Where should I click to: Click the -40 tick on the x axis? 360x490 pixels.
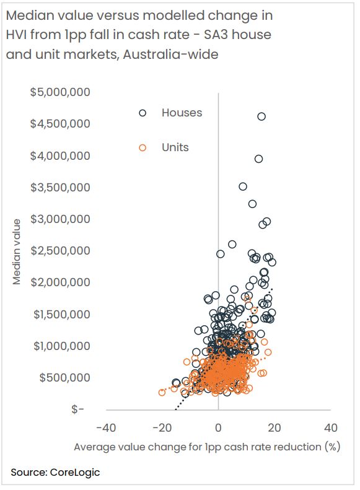click(106, 427)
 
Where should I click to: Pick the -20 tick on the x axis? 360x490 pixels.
click(162, 427)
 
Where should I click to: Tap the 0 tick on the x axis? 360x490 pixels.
click(218, 427)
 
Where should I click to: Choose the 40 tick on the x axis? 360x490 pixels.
click(330, 427)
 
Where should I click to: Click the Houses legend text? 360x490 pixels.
click(182, 113)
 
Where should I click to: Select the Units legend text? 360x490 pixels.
click(175, 147)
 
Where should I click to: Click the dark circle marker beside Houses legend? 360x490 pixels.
click(143, 113)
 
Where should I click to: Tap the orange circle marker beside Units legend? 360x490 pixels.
click(143, 147)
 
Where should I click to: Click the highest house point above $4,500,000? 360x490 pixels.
click(261, 116)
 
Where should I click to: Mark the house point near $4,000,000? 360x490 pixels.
click(258, 159)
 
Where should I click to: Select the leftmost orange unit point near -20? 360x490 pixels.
click(162, 392)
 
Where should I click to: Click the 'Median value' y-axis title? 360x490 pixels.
click(17, 252)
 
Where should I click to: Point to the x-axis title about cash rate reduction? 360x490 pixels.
click(207, 447)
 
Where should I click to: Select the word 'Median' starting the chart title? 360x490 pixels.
click(27, 14)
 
